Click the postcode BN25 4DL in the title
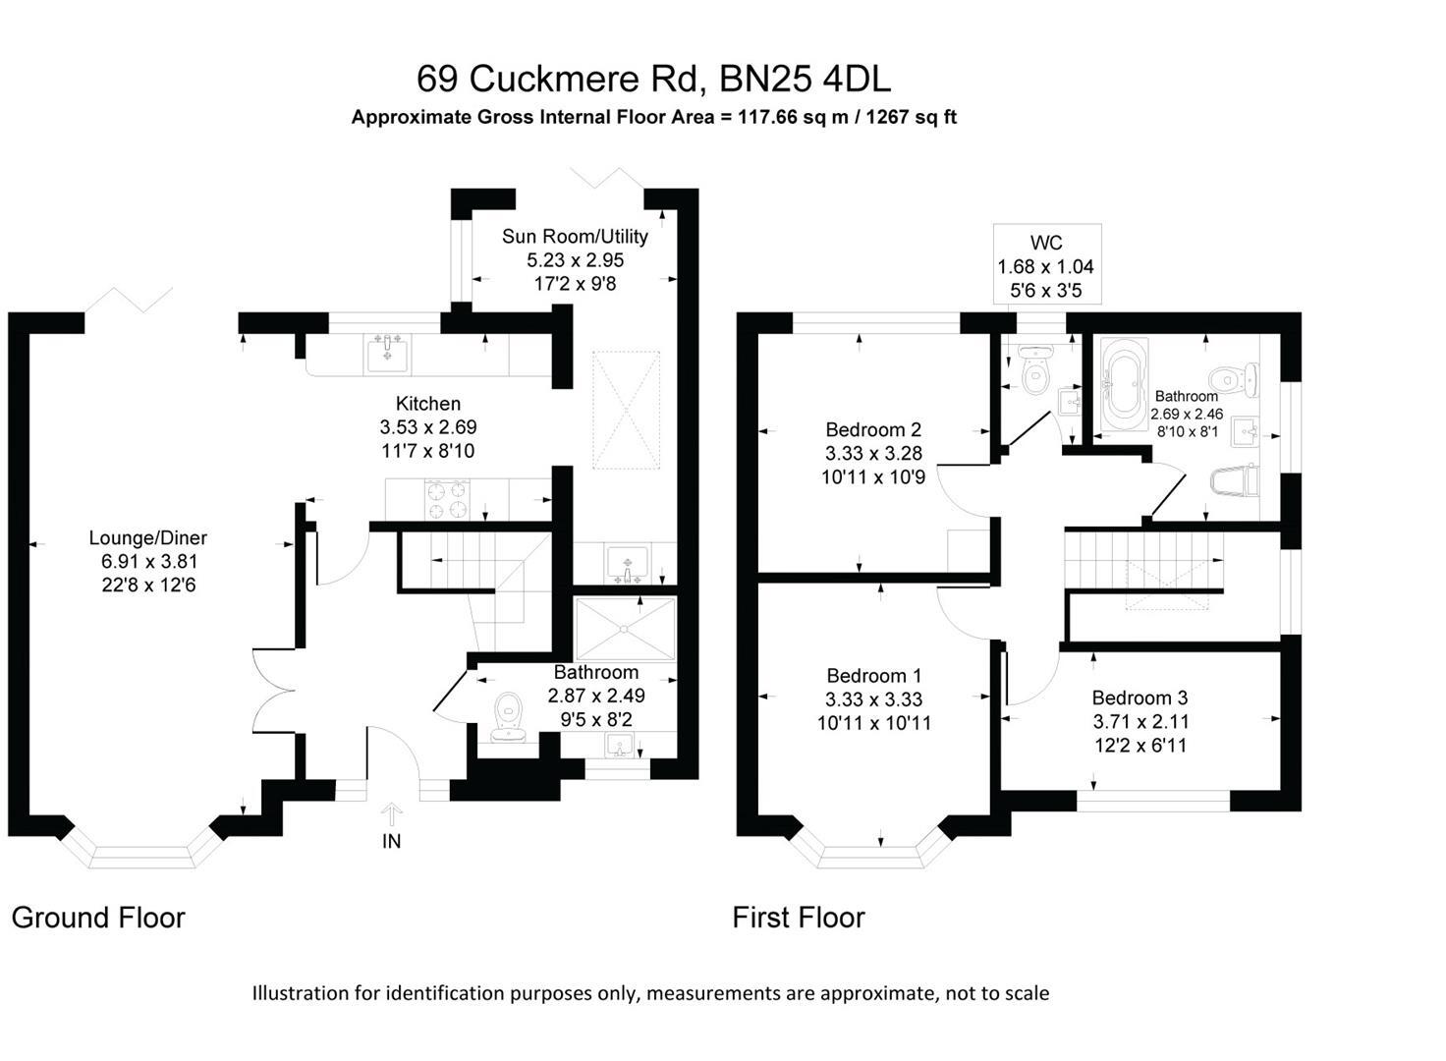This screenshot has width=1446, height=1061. pos(805,79)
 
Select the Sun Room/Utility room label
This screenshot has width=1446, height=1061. pos(575,237)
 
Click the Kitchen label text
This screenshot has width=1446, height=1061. pos(428,404)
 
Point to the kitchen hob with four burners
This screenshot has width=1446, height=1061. pos(447,500)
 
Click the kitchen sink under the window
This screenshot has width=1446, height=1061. pos(387,354)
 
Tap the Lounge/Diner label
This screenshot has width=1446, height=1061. pos(147,538)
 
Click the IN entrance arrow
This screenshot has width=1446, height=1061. pos(391,814)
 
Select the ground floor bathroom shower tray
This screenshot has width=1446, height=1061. pos(625,629)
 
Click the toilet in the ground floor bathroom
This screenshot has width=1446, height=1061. pos(508,717)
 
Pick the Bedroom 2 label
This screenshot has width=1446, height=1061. pos(872,429)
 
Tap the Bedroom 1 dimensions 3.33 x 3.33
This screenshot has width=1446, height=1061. pos(873,699)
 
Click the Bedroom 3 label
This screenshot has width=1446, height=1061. pos(1140,698)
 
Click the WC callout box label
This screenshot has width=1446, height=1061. pos(1046,243)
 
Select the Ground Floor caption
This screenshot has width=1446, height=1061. pos(98,919)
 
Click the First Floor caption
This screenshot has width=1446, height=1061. pos(799,919)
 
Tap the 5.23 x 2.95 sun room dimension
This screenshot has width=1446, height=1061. pos(576,260)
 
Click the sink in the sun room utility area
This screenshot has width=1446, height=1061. pos(627,564)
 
